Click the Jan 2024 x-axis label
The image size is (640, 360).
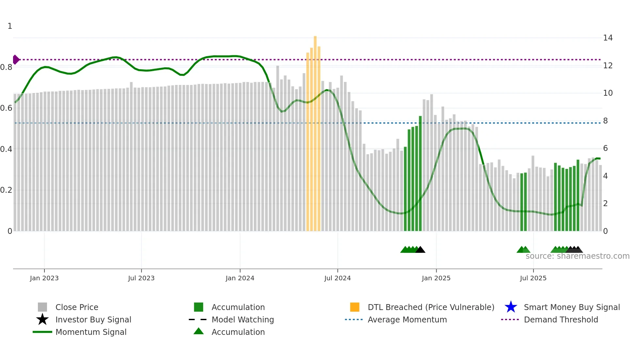[240, 278]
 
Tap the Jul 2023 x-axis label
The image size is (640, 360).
[141, 278]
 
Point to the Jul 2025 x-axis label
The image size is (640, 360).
[533, 278]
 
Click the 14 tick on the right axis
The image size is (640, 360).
[608, 38]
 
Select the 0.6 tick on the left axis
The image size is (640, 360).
[6, 108]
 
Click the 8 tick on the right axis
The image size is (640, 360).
[605, 121]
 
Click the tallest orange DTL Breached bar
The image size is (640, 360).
[315, 131]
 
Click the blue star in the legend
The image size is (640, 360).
[511, 307]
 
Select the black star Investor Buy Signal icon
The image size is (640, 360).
[42, 319]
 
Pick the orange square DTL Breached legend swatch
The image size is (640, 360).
[355, 307]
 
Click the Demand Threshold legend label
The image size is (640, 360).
[561, 319]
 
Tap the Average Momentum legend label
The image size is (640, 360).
[407, 319]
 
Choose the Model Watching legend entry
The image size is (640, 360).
[243, 319]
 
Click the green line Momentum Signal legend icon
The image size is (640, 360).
[42, 332]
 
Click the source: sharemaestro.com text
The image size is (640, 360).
[577, 256]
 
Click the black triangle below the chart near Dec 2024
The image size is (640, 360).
[420, 250]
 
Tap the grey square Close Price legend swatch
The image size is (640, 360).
[42, 307]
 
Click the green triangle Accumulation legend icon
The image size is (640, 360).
[199, 332]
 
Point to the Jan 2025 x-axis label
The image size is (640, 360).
[436, 278]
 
